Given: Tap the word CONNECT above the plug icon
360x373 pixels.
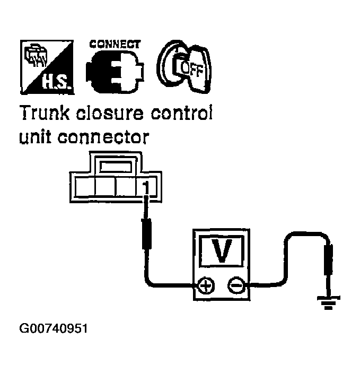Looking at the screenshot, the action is (x=115, y=44).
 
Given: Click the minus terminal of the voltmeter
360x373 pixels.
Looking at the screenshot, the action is (x=236, y=287).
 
